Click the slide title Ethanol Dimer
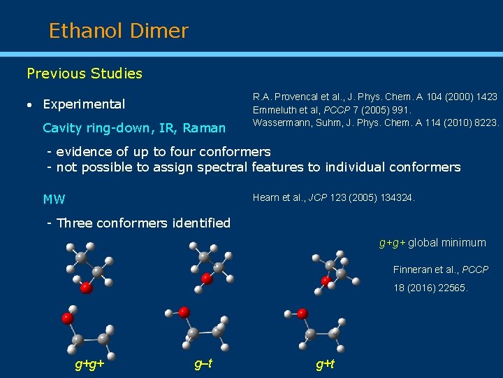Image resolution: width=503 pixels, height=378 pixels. point(118,31)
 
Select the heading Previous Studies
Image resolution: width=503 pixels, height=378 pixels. point(84,73)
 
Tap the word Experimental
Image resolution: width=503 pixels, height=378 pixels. point(84,104)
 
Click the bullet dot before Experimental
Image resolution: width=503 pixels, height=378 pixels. point(29,105)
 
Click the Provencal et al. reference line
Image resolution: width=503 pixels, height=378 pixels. point(375,97)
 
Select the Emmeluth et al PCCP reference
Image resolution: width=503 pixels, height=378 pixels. point(332,109)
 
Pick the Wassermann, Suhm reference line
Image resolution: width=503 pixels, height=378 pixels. point(376,122)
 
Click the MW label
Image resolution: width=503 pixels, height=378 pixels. point(54,199)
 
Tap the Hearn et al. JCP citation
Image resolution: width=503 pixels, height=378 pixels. point(333,198)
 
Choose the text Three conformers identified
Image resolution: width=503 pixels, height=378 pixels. point(138,223)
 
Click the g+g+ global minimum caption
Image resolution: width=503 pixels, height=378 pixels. point(432,243)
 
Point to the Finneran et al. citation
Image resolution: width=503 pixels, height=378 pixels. point(440,269)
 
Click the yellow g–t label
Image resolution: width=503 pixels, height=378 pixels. point(203,363)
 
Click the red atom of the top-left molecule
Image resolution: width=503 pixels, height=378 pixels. point(85,287)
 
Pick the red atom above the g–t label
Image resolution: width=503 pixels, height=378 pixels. point(184,311)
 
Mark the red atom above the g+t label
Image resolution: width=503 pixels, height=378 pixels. point(302,313)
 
